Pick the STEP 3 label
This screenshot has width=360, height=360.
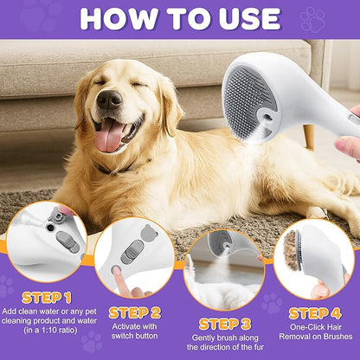coord(224,300)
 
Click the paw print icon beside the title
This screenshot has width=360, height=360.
coord(312,18)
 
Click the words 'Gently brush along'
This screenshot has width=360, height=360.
coord(224,316)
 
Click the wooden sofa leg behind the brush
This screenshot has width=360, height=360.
coord(308,135)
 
